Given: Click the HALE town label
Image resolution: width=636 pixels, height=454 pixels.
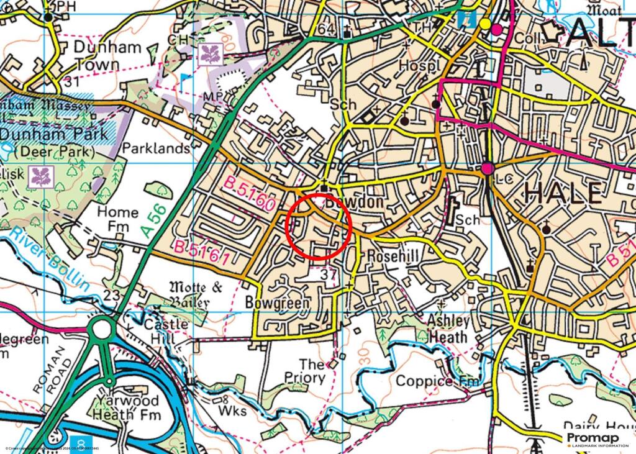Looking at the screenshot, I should click(564, 194).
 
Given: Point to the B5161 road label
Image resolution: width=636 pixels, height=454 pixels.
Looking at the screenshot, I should click(202, 253).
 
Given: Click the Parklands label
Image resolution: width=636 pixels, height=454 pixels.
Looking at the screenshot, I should click(156, 148).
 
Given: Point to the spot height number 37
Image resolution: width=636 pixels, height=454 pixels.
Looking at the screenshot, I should click(329, 274).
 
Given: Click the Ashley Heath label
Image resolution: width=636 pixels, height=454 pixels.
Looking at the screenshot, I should click(448, 329).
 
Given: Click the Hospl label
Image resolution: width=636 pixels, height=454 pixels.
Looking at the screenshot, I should click(418, 65).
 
